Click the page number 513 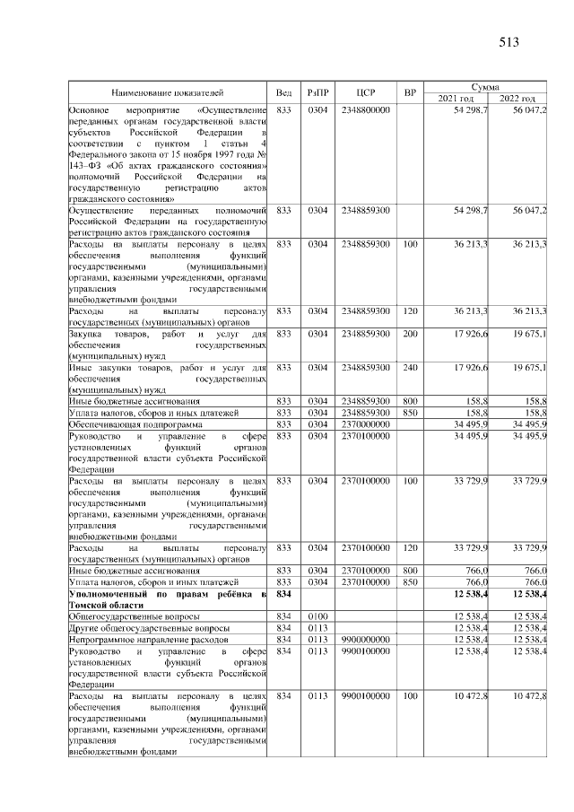click(508, 41)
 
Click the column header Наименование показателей click(168, 92)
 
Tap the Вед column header click(283, 92)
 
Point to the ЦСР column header click(364, 92)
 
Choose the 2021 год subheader click(454, 98)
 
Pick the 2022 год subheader click(517, 98)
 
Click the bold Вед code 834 click(284, 596)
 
